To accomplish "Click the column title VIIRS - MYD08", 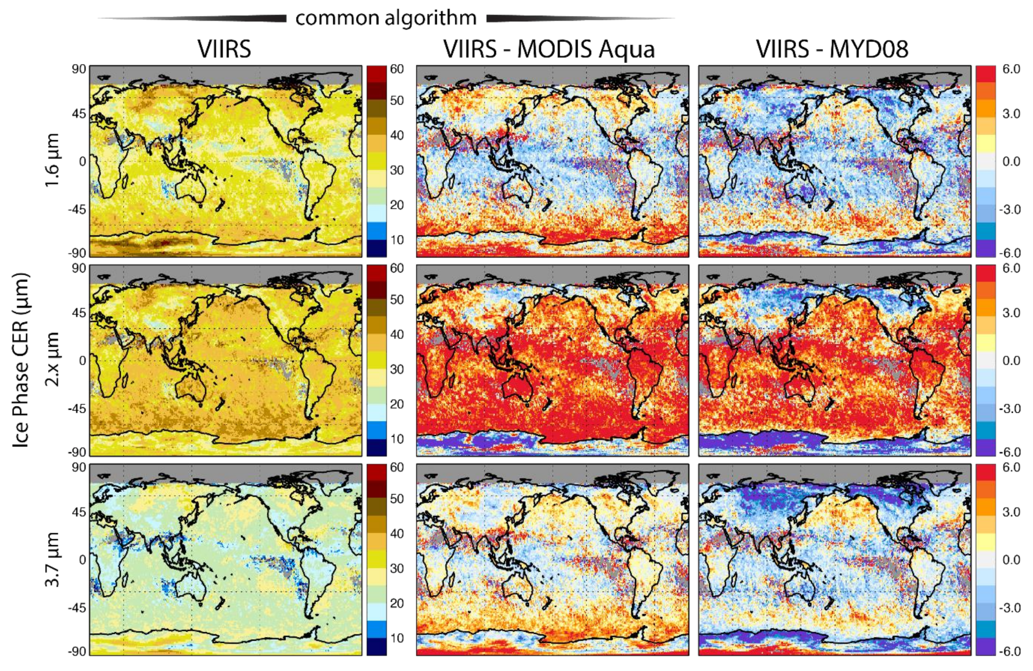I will click(832, 49).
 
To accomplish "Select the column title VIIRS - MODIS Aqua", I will click(549, 49).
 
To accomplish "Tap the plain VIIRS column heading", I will click(224, 49).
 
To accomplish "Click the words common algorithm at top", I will click(386, 18).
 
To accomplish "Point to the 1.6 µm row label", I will click(52, 160).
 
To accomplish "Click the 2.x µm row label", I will click(52, 359).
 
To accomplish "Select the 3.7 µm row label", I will click(52, 559).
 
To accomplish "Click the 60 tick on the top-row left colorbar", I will click(396, 69).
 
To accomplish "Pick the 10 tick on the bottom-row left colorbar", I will click(396, 638).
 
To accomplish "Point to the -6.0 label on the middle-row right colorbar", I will click(1011, 452).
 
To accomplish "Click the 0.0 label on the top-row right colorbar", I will click(1011, 162).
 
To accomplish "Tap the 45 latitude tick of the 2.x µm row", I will click(79, 313).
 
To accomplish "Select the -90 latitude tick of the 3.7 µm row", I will click(77, 651).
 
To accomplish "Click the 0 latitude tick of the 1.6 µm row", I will click(82, 162).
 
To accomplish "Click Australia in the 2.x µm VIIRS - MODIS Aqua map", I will click(518, 387).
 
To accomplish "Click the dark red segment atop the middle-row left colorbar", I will click(376, 273).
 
